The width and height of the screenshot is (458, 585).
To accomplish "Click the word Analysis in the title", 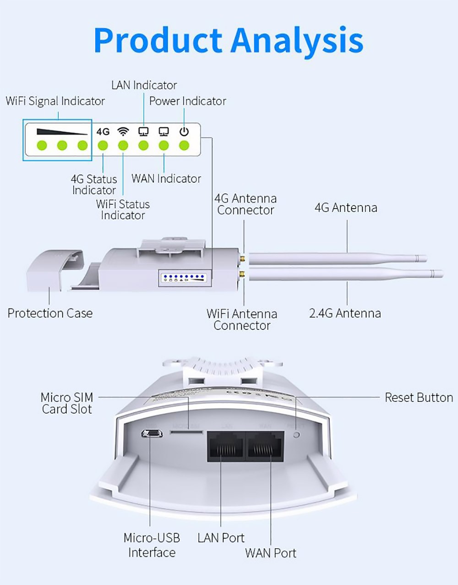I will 297,40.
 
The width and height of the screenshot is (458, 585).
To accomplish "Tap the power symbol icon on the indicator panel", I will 184,131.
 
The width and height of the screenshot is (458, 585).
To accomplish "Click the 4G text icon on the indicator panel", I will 103,131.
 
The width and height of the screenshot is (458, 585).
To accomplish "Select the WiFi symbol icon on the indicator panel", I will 123,131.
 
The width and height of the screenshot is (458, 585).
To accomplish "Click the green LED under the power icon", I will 184,146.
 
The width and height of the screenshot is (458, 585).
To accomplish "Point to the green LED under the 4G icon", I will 103,146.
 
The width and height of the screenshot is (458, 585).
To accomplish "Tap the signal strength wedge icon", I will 62,131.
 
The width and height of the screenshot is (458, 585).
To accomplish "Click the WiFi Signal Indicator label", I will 55,101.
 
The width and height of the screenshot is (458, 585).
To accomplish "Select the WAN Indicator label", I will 166,179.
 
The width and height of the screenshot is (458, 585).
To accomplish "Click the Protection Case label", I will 50,313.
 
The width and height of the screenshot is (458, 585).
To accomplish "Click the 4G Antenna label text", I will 346,208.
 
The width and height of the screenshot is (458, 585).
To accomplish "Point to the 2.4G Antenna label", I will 345,313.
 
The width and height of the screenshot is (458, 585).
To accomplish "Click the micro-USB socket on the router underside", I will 151,433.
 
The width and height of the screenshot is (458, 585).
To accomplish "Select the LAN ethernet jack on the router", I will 226,446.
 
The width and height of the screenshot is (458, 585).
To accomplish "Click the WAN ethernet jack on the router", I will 265,446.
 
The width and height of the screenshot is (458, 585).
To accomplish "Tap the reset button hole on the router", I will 296,434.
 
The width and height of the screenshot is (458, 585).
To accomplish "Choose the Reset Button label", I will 419,398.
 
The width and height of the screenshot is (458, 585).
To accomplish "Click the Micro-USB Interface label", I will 152,545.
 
